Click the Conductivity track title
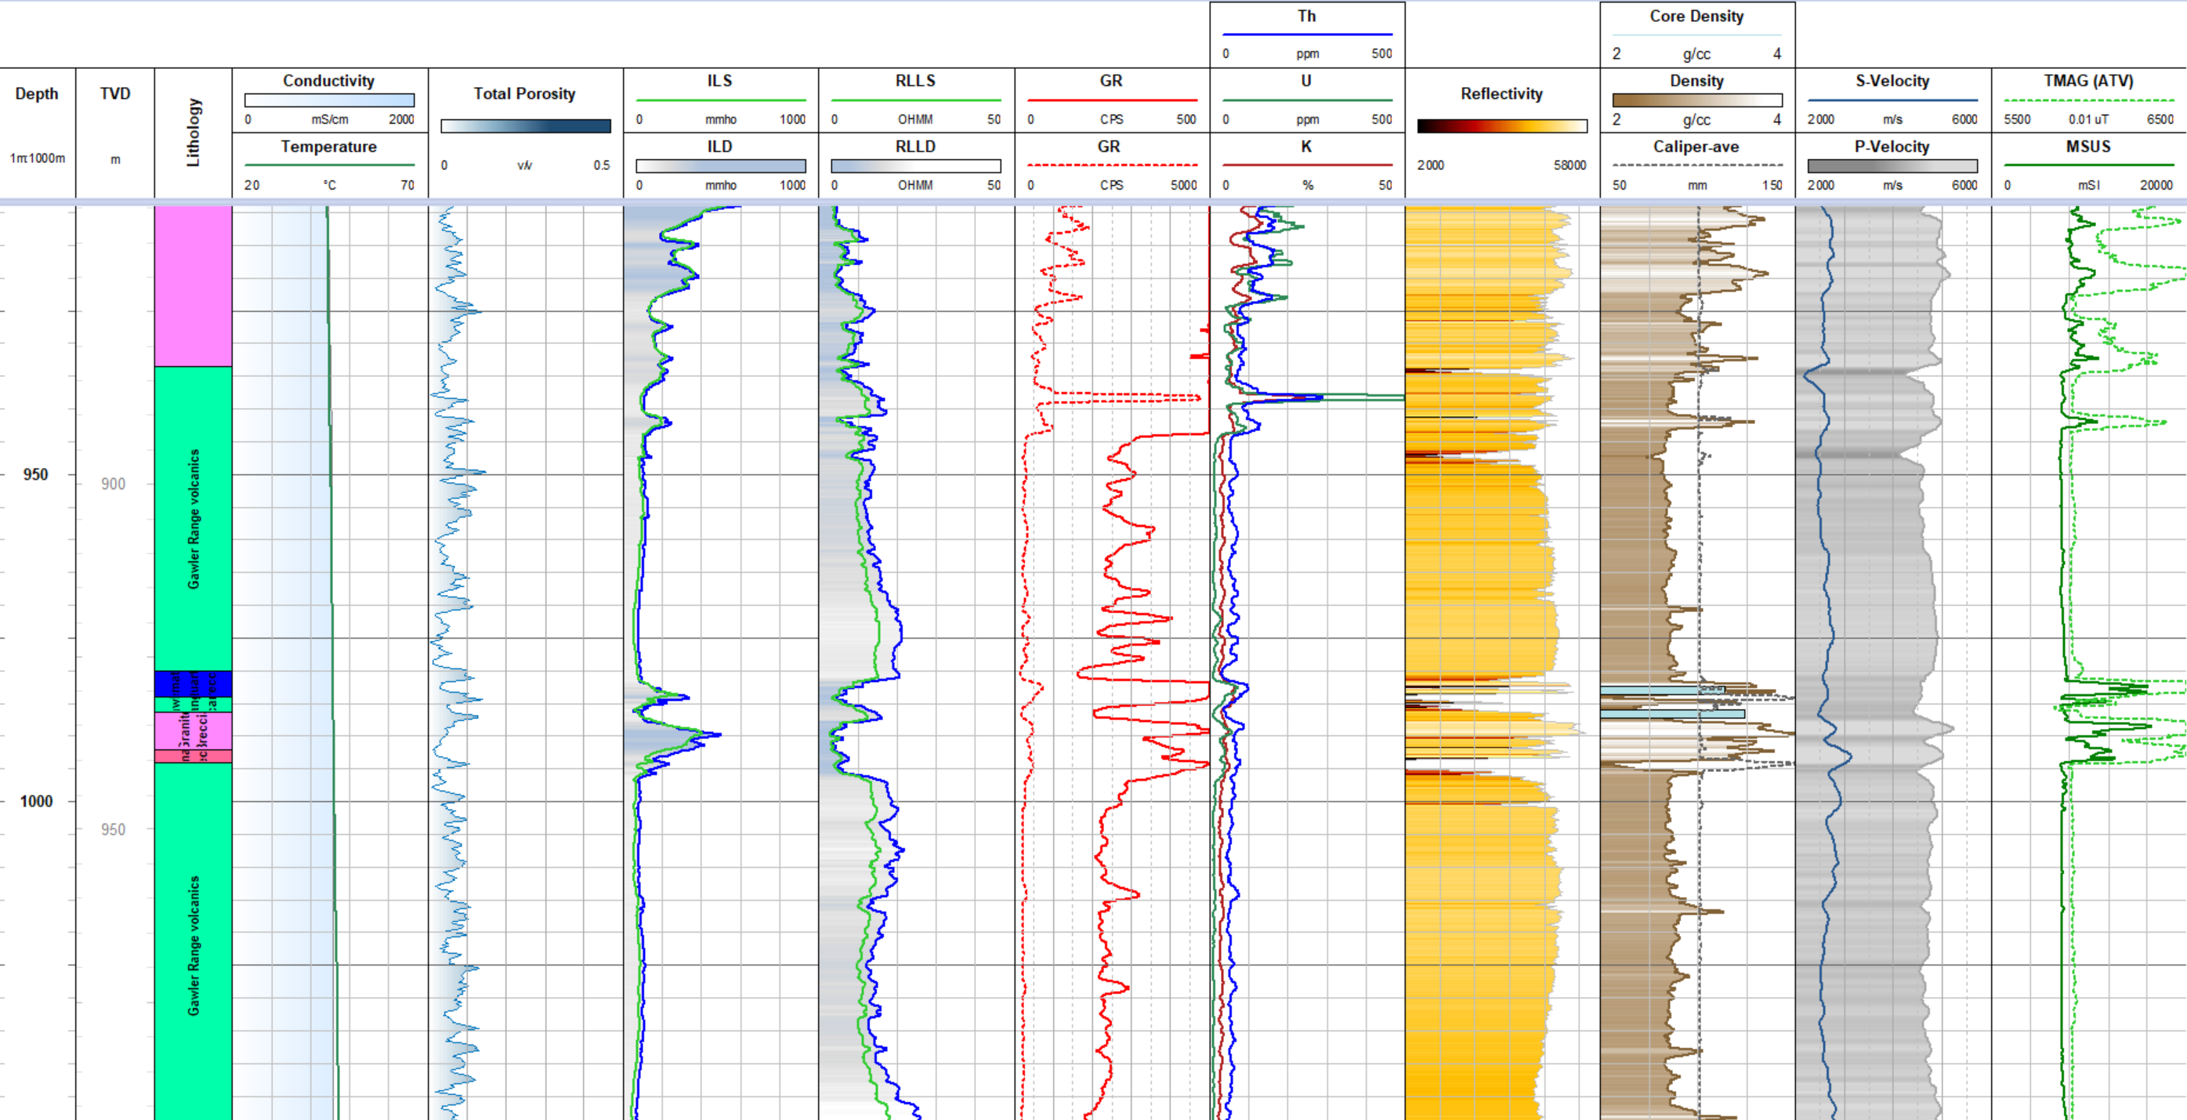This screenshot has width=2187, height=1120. coord(328,81)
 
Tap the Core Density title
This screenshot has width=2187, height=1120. coord(1696,16)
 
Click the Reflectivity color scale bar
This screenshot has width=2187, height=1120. coord(1501,125)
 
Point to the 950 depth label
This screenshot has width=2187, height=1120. coord(36,475)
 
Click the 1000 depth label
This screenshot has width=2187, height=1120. coord(36,801)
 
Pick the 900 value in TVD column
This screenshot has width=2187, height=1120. coord(113,484)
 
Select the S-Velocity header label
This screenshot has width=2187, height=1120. coord(1892,81)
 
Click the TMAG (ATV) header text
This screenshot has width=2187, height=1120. coord(2087,81)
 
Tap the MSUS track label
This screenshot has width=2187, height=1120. coord(2087,146)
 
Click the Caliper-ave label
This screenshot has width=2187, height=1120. coord(1696,146)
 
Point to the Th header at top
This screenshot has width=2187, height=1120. coord(1305,16)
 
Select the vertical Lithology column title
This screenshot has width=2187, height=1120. coord(194,132)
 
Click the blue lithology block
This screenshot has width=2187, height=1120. coord(193,683)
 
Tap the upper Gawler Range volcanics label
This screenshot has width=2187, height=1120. coord(194,519)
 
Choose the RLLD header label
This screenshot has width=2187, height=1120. coord(915,146)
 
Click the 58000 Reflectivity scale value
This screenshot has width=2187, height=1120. coord(1569,165)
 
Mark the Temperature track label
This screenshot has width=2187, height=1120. coord(328,146)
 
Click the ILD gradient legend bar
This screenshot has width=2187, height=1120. coord(720,165)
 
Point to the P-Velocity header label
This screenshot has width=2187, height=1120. coord(1892,146)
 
